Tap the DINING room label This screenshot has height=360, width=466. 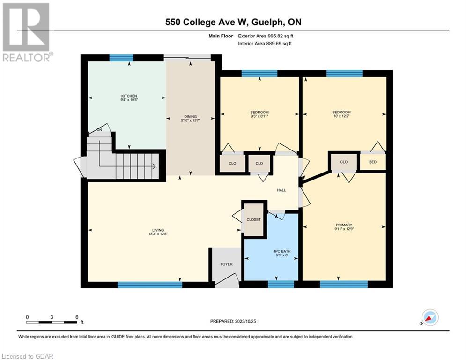click(x=190, y=117)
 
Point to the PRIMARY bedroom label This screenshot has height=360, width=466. click(x=343, y=225)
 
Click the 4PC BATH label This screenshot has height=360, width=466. click(x=282, y=252)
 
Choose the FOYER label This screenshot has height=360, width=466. click(x=226, y=264)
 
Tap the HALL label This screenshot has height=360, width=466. click(x=281, y=190)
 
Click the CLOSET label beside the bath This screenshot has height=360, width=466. click(x=253, y=219)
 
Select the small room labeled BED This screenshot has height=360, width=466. click(x=372, y=162)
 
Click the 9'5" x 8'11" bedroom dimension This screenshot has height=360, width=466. click(x=259, y=116)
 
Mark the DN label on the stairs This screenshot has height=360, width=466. click(x=99, y=130)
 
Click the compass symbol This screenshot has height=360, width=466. click(x=429, y=317)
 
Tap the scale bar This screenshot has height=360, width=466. click(x=52, y=322)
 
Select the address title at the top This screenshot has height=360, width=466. click(x=233, y=22)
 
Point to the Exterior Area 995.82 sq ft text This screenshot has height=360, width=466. click(x=266, y=36)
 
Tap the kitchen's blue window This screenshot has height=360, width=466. click(x=121, y=58)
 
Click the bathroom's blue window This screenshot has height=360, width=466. click(x=281, y=284)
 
